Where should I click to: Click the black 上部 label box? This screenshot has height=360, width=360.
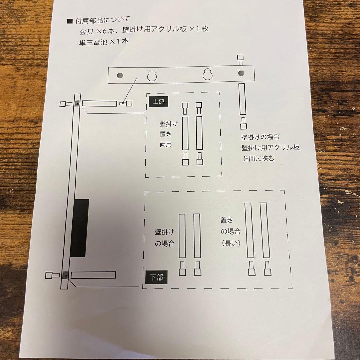pyautogui.click(x=158, y=101)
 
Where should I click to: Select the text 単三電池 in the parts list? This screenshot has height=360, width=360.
pyautogui.click(x=89, y=41)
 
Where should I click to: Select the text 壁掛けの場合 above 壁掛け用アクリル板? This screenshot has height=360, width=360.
pyautogui.click(x=260, y=137)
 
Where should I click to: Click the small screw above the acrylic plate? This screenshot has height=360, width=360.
pyautogui.click(x=241, y=61)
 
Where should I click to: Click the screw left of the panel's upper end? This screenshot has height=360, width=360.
pyautogui.click(x=65, y=104)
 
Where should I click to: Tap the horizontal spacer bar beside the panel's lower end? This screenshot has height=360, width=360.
pyautogui.click(x=93, y=275)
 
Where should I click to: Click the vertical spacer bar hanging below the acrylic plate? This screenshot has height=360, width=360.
pyautogui.click(x=242, y=100)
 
